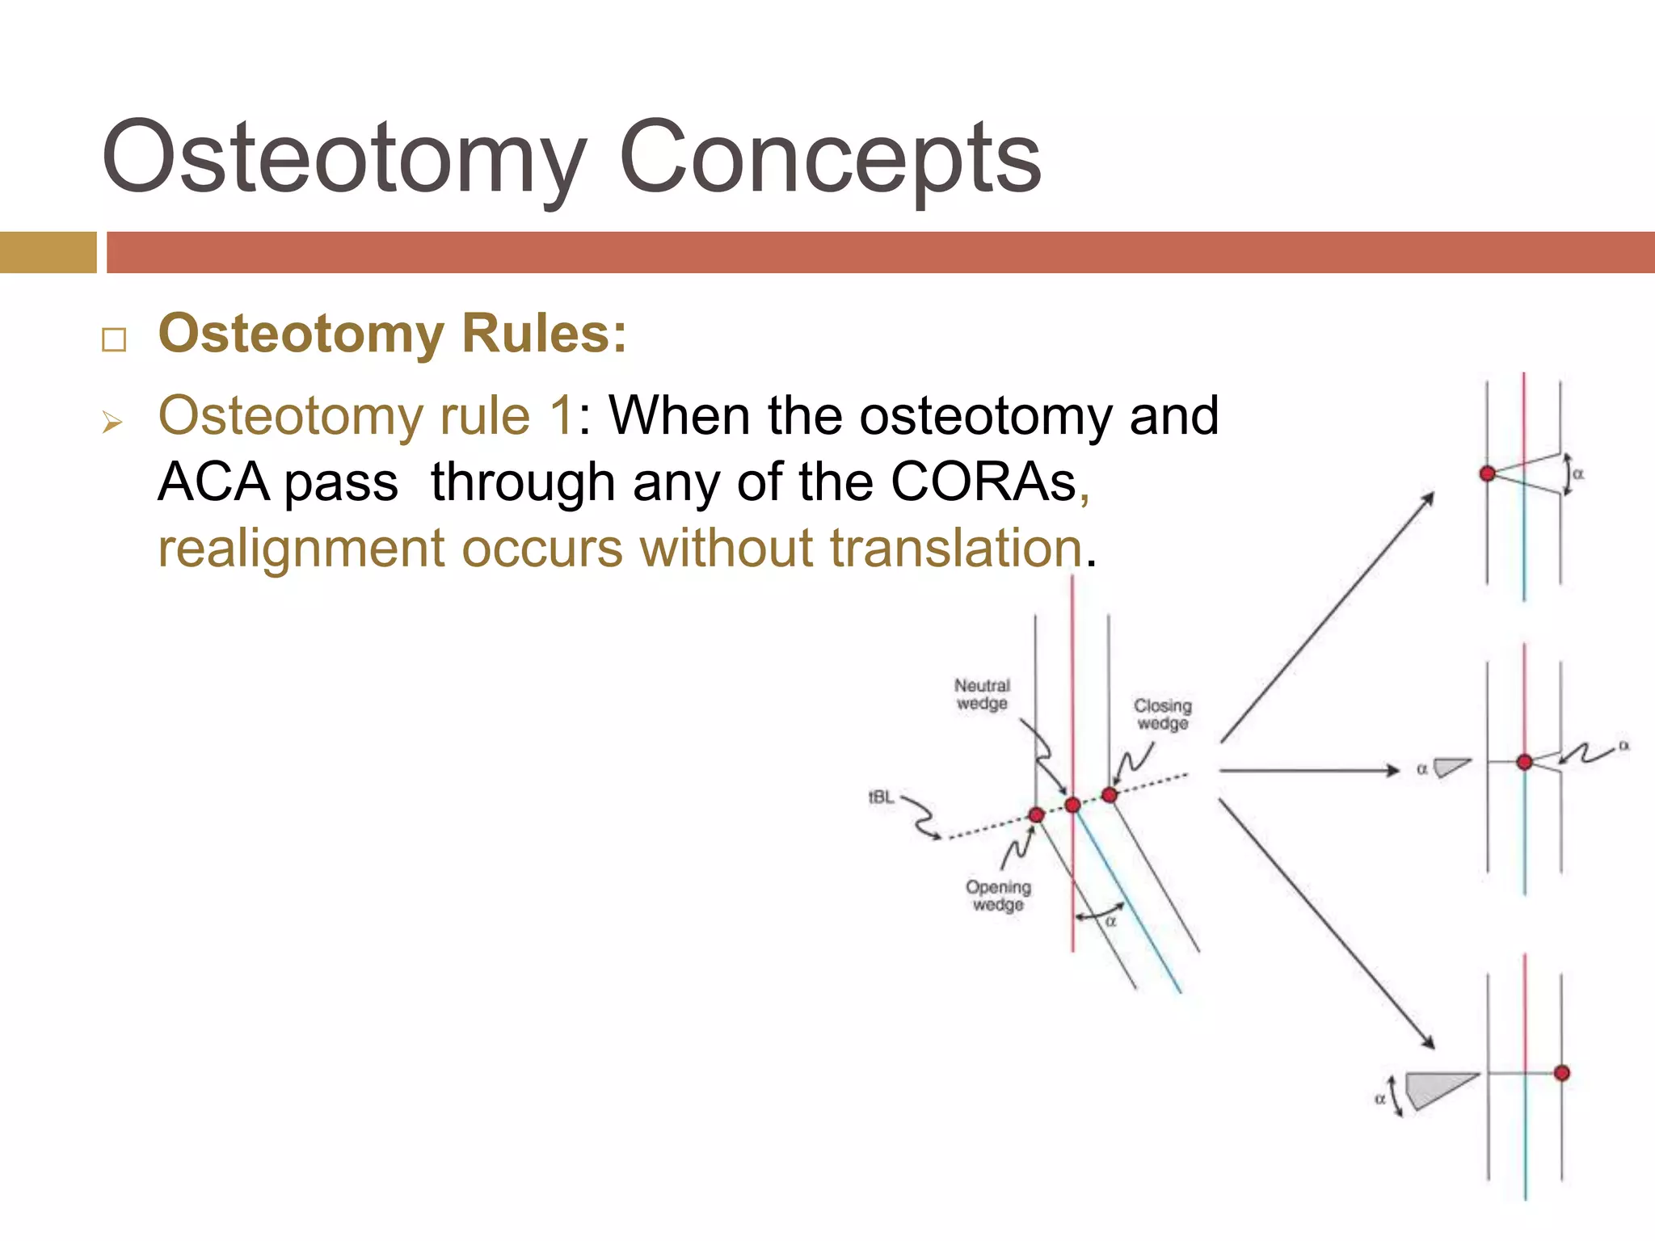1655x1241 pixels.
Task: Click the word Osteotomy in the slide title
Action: [343, 158]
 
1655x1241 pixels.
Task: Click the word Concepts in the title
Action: [830, 158]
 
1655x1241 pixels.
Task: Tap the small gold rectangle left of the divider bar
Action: [48, 252]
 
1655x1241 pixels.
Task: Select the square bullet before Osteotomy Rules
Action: [114, 339]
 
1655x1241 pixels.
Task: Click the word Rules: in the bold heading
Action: [544, 333]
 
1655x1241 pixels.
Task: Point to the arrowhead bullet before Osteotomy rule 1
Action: [112, 422]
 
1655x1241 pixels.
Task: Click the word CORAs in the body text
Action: [983, 482]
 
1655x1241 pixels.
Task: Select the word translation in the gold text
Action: [956, 548]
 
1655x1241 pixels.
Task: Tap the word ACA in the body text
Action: [213, 482]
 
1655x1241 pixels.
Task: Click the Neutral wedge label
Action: [982, 694]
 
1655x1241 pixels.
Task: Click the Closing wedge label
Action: [1162, 714]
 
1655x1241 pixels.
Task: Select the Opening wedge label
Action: [998, 895]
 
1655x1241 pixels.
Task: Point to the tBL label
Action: [881, 797]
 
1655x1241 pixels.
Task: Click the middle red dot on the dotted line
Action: [1072, 805]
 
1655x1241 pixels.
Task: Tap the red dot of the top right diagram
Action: [1487, 473]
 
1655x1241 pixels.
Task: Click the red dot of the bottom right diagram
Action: [1561, 1073]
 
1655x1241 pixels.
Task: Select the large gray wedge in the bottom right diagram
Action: [1434, 1087]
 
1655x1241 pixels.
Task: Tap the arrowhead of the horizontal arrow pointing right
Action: [1392, 771]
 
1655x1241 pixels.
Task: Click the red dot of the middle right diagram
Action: [1524, 762]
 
